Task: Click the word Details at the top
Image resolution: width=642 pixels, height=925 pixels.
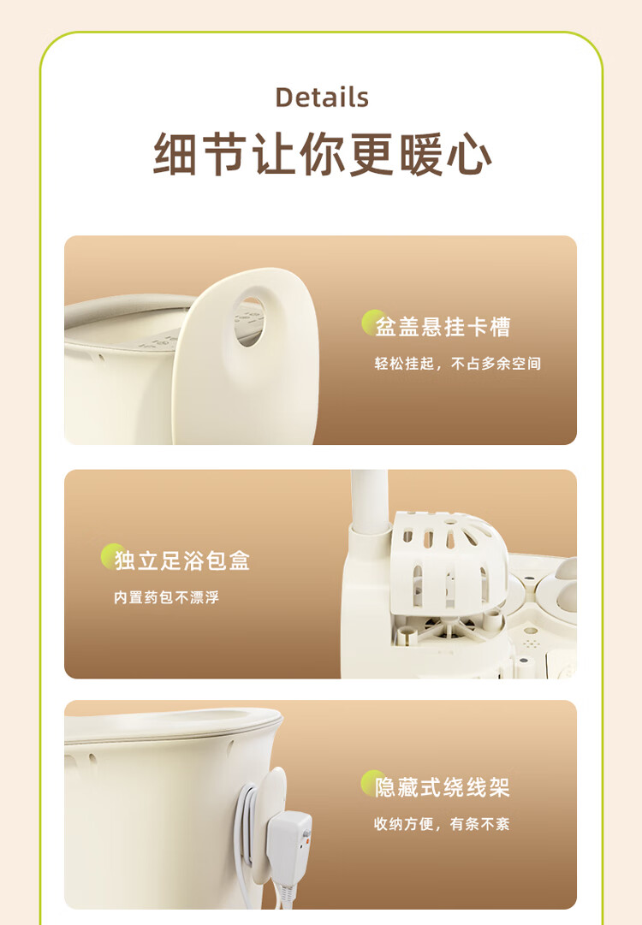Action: tap(322, 98)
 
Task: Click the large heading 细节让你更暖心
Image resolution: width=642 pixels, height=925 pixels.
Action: tap(322, 153)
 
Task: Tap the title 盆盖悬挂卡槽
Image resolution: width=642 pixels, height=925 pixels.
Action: tap(443, 327)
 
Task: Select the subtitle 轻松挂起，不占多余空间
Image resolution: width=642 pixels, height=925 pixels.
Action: tap(457, 364)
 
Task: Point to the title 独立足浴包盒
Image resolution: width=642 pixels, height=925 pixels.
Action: tap(182, 560)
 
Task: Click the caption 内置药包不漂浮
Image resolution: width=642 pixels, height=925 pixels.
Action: tap(166, 597)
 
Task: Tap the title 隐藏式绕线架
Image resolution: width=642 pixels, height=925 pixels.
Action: tap(442, 787)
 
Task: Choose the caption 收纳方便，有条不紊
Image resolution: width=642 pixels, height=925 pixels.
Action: tap(442, 823)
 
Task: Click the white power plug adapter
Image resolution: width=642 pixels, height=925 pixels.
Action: tap(289, 845)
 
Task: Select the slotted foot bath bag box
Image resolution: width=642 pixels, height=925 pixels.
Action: tap(449, 560)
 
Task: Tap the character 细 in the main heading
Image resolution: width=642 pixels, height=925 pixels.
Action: tap(175, 153)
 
